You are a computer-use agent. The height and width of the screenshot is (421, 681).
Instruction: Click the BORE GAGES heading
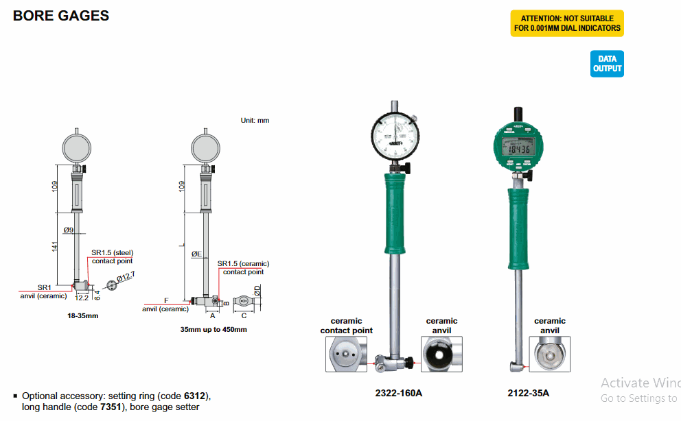coord(61,16)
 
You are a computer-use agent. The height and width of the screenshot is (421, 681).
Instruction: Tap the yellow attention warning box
coord(566,23)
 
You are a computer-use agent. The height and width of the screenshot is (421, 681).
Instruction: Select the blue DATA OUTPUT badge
coord(608,64)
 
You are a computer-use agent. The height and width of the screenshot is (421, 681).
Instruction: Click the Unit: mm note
coord(255,121)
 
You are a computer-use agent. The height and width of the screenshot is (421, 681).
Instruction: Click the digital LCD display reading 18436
coord(518,149)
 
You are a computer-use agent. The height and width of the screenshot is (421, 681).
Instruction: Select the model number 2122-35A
coord(529,393)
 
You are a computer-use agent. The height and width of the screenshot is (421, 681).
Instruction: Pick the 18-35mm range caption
coord(82,316)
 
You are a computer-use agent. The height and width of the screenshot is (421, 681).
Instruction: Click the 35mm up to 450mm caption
coord(213,329)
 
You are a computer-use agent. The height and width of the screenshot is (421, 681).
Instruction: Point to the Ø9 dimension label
coord(68,230)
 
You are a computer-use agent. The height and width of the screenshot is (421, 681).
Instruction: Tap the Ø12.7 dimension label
coord(125,276)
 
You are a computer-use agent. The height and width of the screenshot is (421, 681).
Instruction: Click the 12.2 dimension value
coord(82,298)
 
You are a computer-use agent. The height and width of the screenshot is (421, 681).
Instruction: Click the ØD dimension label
coord(257,291)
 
